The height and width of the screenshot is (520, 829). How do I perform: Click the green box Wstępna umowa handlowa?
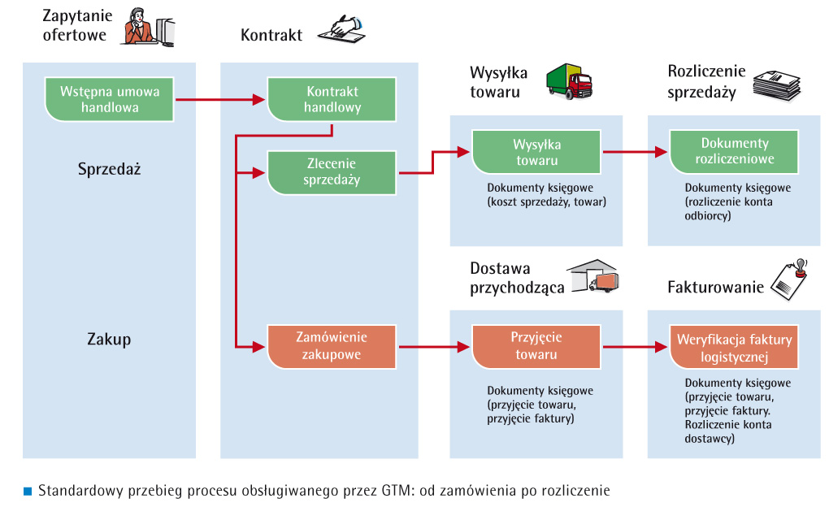[110, 99]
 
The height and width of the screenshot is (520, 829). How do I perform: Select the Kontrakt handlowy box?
[332, 99]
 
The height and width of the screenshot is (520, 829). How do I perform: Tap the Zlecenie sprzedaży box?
[332, 171]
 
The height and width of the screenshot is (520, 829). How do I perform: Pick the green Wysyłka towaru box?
[536, 152]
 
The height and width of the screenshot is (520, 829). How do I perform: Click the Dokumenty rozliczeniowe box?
[734, 151]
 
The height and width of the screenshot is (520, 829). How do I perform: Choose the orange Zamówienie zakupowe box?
[332, 345]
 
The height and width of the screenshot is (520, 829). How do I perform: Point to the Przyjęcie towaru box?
[536, 345]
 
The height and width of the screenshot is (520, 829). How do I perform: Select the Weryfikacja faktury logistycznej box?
[734, 345]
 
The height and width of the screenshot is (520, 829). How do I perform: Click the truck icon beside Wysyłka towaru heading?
[569, 81]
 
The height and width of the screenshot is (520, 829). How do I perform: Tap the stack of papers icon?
[775, 84]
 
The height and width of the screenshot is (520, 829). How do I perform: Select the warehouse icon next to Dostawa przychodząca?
[593, 276]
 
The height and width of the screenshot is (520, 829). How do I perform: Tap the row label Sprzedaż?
[109, 170]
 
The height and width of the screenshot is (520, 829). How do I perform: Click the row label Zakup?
[109, 339]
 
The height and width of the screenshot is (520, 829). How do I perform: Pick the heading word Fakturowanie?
[715, 287]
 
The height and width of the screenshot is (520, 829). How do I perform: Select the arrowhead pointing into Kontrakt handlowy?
[262, 100]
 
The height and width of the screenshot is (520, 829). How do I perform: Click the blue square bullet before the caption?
[27, 491]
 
